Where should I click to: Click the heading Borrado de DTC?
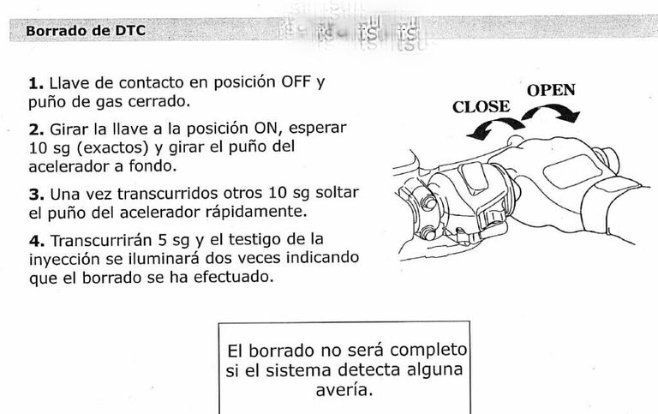coord(86,31)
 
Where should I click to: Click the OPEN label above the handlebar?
coord(550,90)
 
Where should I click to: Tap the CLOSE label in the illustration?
coord(481,107)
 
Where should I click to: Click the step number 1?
coord(35,84)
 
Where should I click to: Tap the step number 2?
coord(35,130)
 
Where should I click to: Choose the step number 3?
coord(35,194)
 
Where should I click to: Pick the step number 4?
coord(35,240)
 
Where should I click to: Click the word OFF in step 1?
coord(296,83)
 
